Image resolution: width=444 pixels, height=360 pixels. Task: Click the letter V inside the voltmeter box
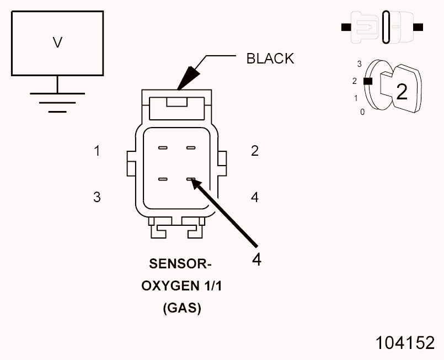coord(57,43)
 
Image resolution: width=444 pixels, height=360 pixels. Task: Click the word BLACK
coord(270,59)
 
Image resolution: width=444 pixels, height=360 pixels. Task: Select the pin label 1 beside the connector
coord(97,151)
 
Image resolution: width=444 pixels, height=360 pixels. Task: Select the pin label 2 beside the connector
coord(255,151)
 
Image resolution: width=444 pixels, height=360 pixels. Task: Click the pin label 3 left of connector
coord(97,197)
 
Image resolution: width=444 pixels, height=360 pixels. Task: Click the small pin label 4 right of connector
coord(255,197)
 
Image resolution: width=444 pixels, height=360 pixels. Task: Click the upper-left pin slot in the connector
coord(163,148)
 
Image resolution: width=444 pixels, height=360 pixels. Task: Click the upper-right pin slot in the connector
coord(191,148)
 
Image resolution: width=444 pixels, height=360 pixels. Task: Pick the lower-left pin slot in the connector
coord(163,179)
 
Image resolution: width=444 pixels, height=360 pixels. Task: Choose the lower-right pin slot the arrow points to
coord(191,179)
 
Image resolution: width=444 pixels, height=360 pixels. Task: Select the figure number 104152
coord(405,343)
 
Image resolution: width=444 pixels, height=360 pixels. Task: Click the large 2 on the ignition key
coord(402,92)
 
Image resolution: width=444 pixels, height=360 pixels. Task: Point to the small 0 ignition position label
coord(362,112)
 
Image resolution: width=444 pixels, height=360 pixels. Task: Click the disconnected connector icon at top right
coord(382,27)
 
